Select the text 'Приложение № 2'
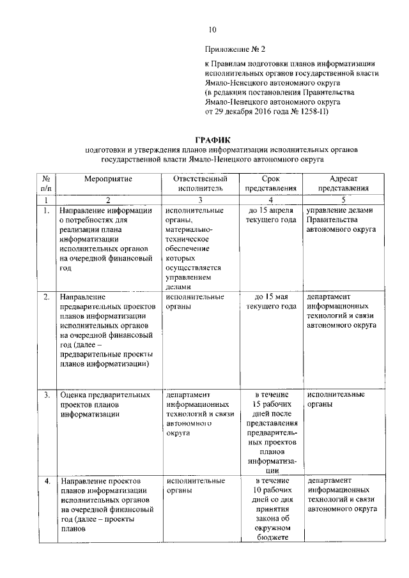[x=235, y=49]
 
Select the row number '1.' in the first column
[x=47, y=210]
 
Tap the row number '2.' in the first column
[x=47, y=297]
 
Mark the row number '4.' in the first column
[x=47, y=480]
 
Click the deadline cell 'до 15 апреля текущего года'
[x=272, y=215]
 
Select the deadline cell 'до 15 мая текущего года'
[x=272, y=301]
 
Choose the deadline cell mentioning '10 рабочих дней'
[x=272, y=509]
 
